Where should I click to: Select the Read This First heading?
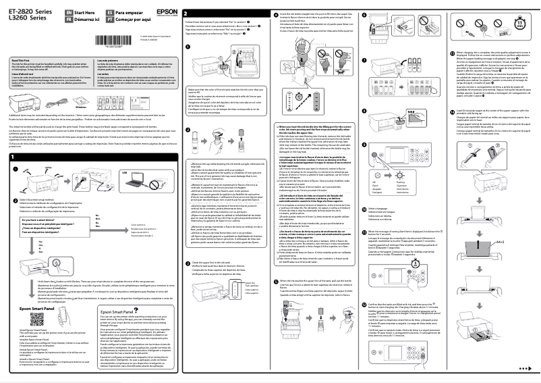22,59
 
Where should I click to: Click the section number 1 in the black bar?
13,157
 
